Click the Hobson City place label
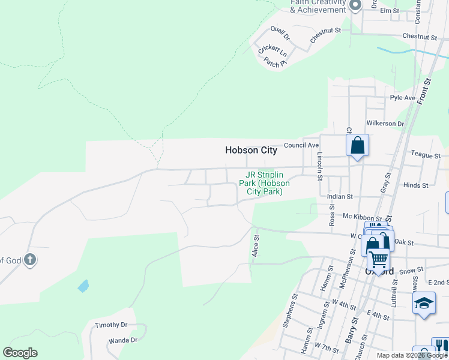[x=251, y=151]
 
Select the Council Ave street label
[x=301, y=145]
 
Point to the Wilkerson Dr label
[x=385, y=124]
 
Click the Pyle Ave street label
[x=403, y=98]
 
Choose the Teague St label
[x=426, y=155]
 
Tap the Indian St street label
[x=340, y=196]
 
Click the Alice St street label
[x=256, y=246]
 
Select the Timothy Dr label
[x=112, y=325]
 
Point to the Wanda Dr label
[x=123, y=340]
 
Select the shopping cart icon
[x=378, y=259]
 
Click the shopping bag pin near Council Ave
[x=357, y=146]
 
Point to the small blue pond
[x=83, y=286]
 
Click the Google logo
[x=20, y=353]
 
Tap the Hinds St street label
[x=416, y=186]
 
